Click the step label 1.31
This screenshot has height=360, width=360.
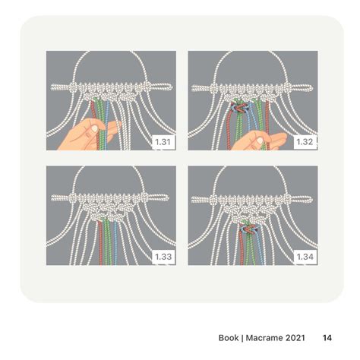click(163, 142)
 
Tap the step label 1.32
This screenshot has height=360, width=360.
click(305, 142)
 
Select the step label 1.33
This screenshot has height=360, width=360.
click(163, 257)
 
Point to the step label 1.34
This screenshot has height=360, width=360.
click(305, 257)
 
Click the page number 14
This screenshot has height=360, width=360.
click(327, 338)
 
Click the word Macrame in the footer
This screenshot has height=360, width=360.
click(264, 338)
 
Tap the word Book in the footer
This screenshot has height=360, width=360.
click(229, 338)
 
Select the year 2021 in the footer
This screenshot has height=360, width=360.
click(295, 338)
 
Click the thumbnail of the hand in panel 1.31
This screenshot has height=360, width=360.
click(95, 128)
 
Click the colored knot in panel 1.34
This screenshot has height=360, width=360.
click(248, 227)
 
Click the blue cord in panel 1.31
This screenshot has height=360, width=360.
click(107, 124)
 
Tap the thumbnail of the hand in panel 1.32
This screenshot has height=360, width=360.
click(260, 141)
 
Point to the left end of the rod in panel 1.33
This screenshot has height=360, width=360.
click(52, 198)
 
